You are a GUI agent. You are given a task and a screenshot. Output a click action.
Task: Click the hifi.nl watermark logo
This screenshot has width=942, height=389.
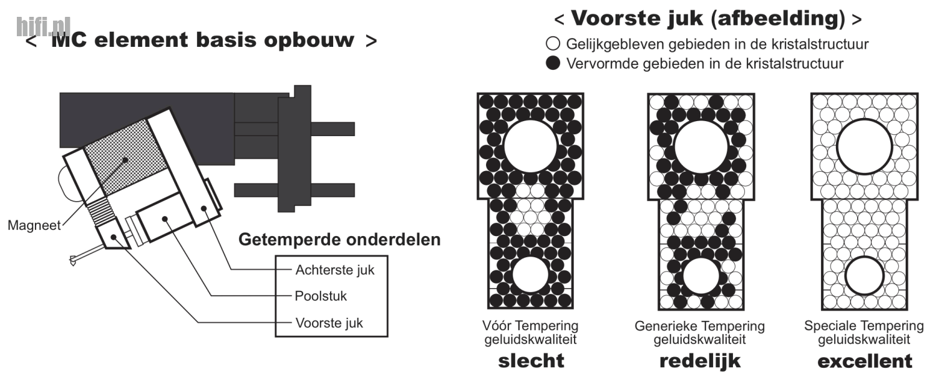tap(43, 26)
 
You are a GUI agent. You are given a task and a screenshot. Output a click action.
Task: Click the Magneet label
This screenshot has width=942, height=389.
tap(34, 225)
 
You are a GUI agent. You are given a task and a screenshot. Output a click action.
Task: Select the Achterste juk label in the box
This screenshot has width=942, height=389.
tap(335, 270)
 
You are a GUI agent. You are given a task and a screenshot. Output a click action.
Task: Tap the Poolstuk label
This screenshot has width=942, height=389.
tap(321, 296)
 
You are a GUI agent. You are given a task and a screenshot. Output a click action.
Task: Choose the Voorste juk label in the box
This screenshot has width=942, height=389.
tap(329, 323)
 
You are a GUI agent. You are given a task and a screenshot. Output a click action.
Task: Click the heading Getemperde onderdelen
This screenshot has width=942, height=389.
tap(339, 240)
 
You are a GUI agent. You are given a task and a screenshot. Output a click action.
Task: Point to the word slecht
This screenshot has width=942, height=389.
tap(531, 361)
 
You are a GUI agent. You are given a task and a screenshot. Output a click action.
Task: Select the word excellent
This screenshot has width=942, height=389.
tap(865, 361)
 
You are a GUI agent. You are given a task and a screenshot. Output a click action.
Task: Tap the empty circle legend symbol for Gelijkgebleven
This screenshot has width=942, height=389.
tap(553, 44)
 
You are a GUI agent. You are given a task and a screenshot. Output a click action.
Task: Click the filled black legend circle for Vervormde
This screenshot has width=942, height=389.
tap(553, 63)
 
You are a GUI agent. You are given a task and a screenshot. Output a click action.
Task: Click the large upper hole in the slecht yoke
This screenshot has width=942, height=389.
tap(530, 147)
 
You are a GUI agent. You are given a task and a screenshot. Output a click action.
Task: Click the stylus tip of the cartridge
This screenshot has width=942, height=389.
tap(73, 261)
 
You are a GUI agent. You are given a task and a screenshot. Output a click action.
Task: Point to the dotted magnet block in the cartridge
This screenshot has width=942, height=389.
tap(125, 158)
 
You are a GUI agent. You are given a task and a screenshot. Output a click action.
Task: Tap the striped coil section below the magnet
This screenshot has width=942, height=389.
tap(101, 210)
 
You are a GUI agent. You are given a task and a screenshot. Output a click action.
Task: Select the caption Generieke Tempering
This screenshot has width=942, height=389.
tap(699, 327)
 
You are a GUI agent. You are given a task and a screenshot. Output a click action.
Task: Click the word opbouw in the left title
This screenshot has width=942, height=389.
tap(309, 41)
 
